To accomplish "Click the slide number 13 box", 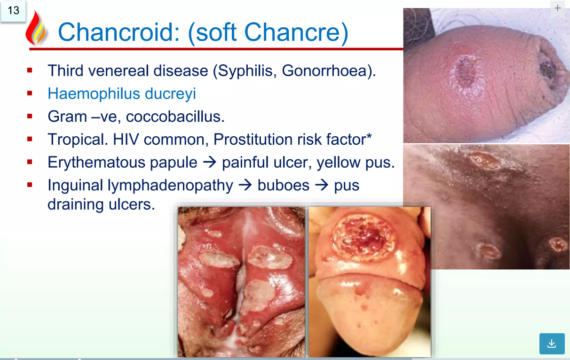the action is coord(13,11).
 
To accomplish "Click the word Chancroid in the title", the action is coord(119,32).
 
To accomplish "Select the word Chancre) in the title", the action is coord(296,32).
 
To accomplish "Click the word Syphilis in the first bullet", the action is coord(247,71).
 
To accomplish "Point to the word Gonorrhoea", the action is coord(326,70).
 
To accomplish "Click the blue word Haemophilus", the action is coord(94,94).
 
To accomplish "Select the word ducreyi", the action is coord(170,94).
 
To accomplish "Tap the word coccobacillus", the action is coord(175,117).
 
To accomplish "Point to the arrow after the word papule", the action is coord(209,163).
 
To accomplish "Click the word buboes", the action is coord(283,185).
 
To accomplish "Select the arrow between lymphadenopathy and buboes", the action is coord(245,185).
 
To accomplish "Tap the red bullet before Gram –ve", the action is coord(30,116).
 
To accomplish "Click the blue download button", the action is coord(552,344).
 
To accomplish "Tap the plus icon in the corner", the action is coord(557,8).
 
